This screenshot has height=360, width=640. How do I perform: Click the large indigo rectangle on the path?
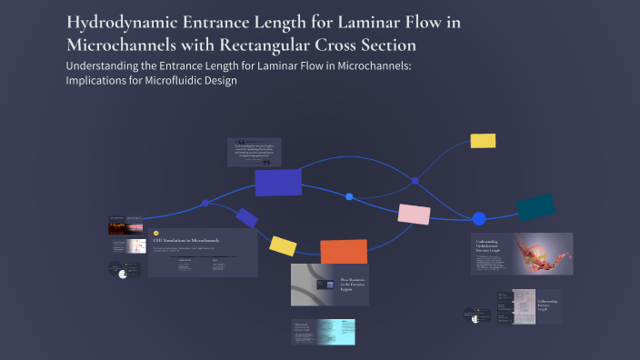click(x=278, y=183)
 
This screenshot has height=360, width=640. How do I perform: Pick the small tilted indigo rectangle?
click(x=247, y=218)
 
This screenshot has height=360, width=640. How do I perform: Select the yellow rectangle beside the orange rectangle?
click(x=283, y=245)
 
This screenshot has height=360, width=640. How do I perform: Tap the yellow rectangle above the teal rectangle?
click(x=483, y=141)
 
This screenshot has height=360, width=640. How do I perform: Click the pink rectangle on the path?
click(x=414, y=215)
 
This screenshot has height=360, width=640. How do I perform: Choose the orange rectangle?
click(x=344, y=252)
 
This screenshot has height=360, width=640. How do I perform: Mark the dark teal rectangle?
click(x=535, y=207)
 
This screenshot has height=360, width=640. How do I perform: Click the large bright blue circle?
click(x=479, y=218)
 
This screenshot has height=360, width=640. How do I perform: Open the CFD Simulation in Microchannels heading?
click(x=186, y=240)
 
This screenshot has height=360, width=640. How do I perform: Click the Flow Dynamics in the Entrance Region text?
click(x=352, y=284)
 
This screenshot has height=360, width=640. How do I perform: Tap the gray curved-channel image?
click(x=314, y=285)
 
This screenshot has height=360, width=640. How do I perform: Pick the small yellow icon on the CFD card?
click(x=157, y=232)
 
